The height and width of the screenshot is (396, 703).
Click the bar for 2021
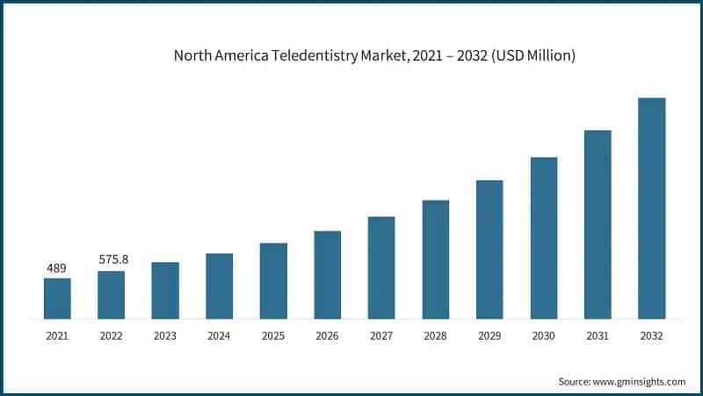[57, 298]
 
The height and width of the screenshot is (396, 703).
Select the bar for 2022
[111, 295]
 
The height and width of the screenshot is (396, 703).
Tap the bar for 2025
[273, 281]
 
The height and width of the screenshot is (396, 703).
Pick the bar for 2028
[436, 259]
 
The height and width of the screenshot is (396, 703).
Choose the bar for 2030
[544, 238]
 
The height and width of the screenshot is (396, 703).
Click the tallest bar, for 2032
[651, 208]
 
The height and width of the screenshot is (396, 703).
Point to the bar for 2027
[381, 268]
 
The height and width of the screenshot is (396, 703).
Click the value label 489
[57, 268]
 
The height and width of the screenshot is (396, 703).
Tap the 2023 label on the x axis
[165, 336]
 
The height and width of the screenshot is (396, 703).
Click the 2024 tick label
[219, 336]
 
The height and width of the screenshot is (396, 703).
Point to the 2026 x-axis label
[327, 336]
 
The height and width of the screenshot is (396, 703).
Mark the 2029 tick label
[489, 336]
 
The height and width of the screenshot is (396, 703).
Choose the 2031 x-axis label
[598, 336]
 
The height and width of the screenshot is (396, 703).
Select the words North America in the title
[217, 56]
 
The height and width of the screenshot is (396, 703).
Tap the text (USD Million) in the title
[533, 56]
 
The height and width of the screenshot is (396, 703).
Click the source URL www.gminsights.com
[640, 381]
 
